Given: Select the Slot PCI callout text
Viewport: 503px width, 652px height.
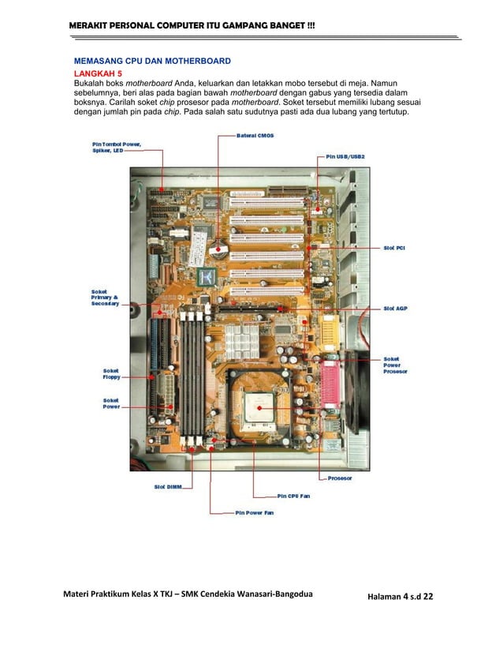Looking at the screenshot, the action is pos(394,246).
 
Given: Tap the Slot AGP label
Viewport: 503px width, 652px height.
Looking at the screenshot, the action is pos(394,308).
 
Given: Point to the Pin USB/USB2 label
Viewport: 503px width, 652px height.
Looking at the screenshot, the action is pos(345,156).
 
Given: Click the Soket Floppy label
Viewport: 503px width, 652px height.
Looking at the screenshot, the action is pos(111,373).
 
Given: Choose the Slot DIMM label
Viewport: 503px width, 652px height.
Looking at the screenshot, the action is pos(168,486).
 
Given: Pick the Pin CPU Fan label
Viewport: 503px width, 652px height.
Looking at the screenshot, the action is pos(294,496).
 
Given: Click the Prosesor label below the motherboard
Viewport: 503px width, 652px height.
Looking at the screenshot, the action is pos(339,478).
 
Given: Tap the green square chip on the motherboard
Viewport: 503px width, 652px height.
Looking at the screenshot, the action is pos(207,276).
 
